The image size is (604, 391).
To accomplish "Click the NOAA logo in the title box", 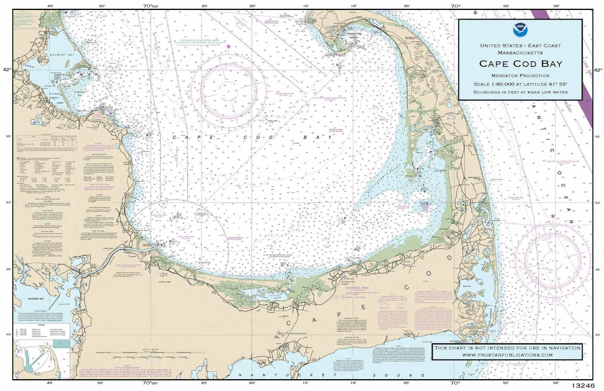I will click(519, 30).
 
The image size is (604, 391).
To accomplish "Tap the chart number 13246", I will click(583, 386).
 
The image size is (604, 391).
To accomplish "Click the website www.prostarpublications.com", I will click(507, 355).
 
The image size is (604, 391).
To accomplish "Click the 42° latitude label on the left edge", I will click(7, 69).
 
